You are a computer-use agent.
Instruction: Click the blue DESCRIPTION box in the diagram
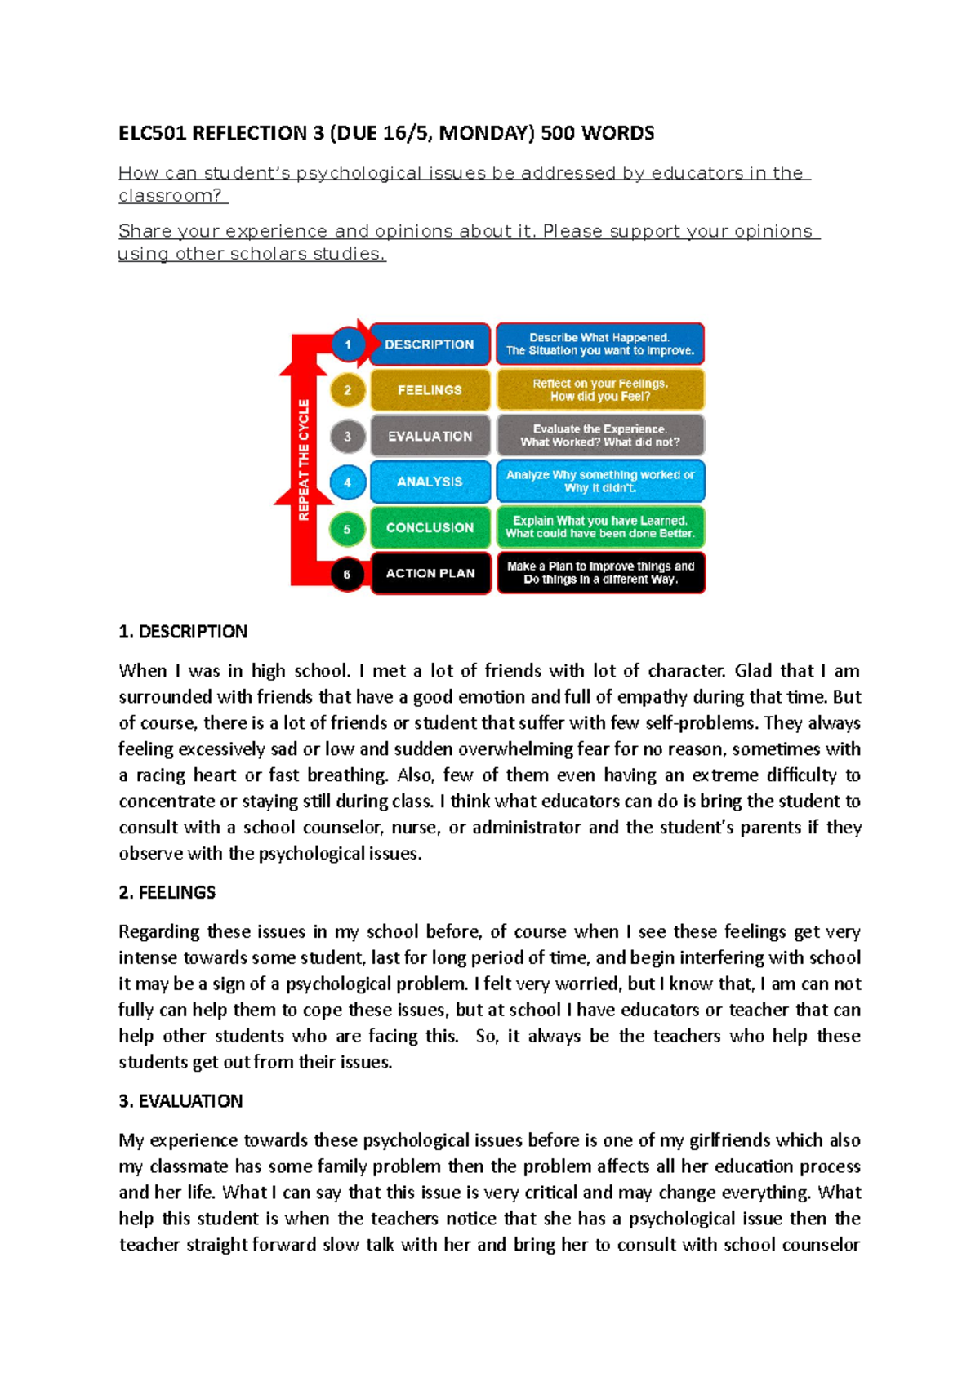pos(430,344)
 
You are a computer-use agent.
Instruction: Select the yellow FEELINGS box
pos(430,390)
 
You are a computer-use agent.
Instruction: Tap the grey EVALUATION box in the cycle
pos(430,436)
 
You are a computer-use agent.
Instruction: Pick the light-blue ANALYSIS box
pos(430,482)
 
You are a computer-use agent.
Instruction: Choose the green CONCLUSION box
pos(430,527)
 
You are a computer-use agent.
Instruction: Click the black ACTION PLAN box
pos(430,573)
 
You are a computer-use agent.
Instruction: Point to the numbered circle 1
pos(347,344)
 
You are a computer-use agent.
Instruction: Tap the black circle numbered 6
pos(347,574)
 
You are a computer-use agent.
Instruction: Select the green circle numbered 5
pos(347,528)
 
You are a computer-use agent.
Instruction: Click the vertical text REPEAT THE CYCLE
pos(304,460)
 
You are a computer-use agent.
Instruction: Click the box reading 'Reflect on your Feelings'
pos(600,390)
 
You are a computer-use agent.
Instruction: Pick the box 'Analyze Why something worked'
pos(600,482)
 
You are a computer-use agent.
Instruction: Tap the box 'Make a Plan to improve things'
pos(600,573)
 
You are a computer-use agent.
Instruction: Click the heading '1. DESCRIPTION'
pos(183,632)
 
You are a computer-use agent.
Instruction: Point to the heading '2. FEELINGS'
pos(167,892)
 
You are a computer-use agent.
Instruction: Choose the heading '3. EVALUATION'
pos(180,1101)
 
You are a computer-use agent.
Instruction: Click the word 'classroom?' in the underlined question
pos(170,196)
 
